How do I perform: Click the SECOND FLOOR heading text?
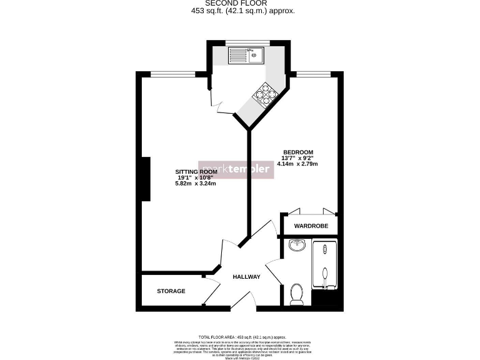point(240,3)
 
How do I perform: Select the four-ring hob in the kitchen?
point(265,94)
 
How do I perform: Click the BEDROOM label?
point(298,152)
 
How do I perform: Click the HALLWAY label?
point(246,277)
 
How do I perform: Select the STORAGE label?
point(171,291)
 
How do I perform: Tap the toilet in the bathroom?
point(297,294)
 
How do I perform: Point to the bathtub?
point(324,266)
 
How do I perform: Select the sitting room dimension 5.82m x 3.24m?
point(196,184)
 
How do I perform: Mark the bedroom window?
point(313,74)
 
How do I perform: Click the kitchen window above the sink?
point(247,43)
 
